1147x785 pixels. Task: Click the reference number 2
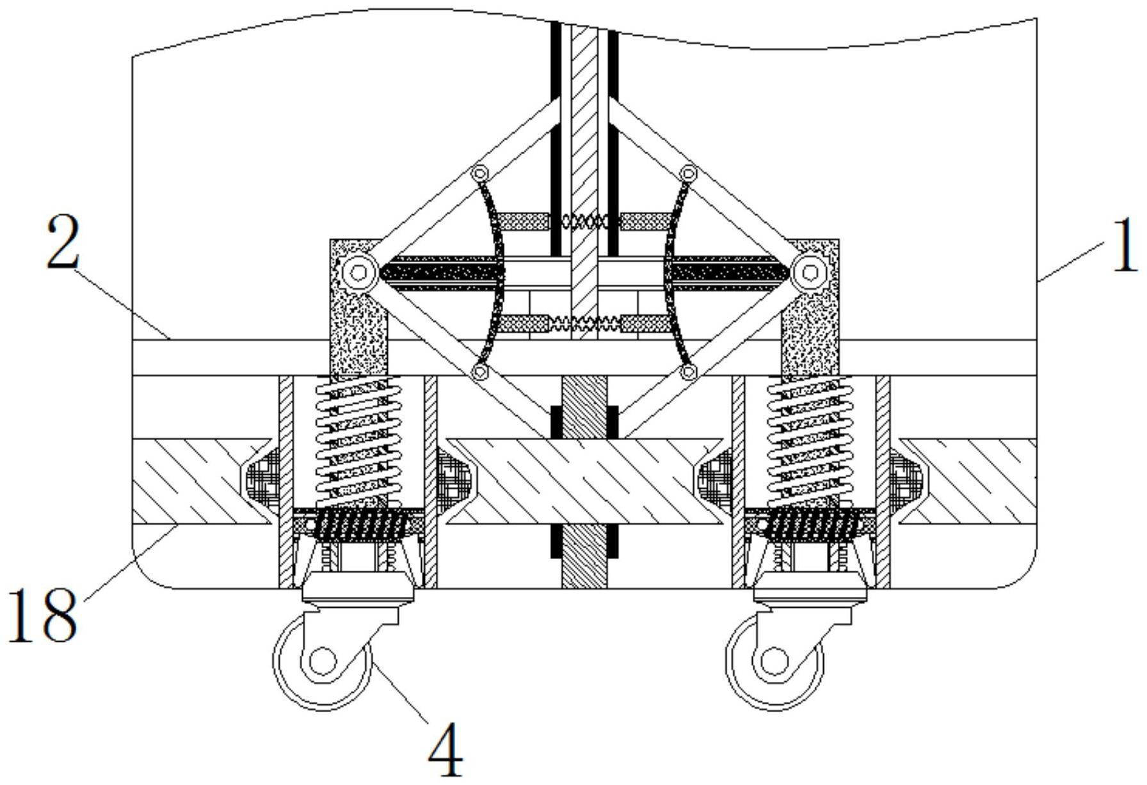click(x=63, y=241)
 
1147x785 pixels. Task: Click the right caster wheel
click(x=775, y=660)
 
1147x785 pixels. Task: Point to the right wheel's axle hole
click(x=774, y=660)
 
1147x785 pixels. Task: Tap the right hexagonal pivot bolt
click(x=810, y=273)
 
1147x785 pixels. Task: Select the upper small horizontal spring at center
click(x=584, y=222)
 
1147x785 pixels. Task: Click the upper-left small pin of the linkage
click(x=479, y=173)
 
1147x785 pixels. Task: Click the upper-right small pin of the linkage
click(x=689, y=173)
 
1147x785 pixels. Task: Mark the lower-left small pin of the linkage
click(x=479, y=372)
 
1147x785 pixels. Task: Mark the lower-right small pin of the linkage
click(x=689, y=372)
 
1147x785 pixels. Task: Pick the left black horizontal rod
click(x=441, y=273)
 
